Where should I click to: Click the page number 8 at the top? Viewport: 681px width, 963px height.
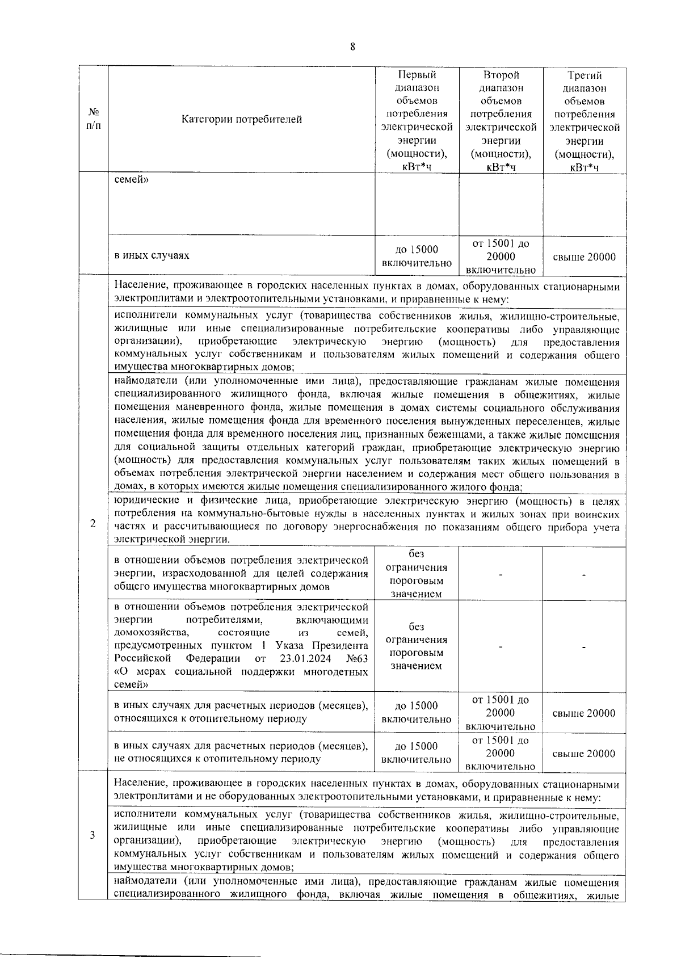pos(352,47)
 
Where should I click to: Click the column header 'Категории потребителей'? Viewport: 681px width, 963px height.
pos(242,119)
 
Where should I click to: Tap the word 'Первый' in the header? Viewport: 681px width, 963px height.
pos(417,75)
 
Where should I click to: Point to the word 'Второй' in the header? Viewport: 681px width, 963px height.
pos(501,75)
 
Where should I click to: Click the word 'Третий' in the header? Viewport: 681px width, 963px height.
pos(585,75)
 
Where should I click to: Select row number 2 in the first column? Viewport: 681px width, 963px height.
pos(93,523)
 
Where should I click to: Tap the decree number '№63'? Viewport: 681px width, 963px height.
pos(356,659)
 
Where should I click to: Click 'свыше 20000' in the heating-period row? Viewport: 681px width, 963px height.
pos(584,713)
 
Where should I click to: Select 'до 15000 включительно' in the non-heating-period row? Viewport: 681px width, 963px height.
pos(417,753)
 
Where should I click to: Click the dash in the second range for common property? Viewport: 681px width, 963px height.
pos(501,574)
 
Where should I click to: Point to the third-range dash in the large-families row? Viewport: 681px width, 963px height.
pos(584,646)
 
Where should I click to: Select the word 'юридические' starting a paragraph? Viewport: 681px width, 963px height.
pos(145,501)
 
